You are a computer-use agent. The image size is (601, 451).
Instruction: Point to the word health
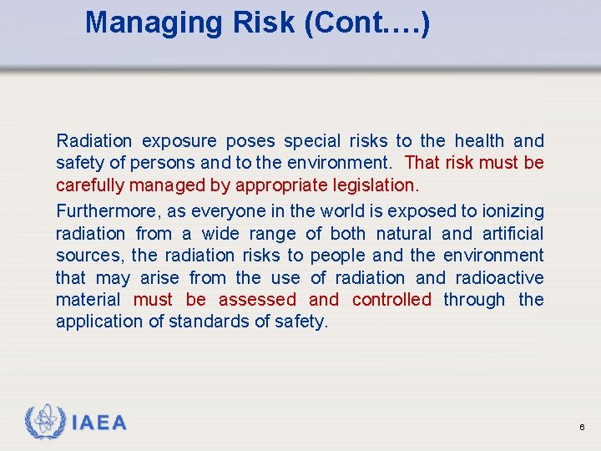479,141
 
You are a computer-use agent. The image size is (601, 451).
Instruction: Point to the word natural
404,234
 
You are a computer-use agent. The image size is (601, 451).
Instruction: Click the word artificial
513,234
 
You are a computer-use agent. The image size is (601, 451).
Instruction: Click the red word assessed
257,299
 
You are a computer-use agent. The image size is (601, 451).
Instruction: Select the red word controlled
391,299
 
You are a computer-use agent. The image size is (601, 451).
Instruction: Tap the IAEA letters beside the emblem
99,423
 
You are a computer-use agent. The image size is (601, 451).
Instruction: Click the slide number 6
581,428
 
